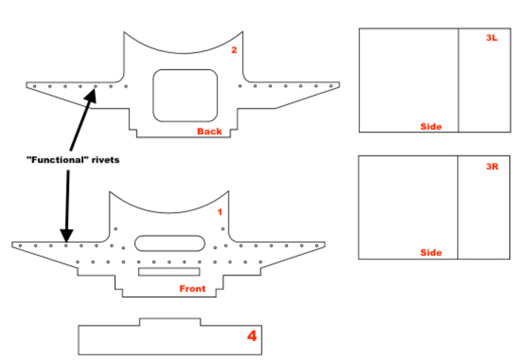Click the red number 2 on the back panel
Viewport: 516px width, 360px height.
234,50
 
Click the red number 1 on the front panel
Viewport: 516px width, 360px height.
220,212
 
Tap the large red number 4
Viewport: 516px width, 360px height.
252,336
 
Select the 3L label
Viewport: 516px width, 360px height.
491,38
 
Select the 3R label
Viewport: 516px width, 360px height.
492,166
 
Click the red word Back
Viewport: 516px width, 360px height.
209,132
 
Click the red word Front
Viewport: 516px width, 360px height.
192,288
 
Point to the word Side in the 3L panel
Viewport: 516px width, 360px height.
431,126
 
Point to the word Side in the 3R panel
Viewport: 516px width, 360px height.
431,253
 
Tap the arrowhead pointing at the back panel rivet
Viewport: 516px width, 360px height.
91,95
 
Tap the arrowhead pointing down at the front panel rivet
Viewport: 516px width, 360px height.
66,236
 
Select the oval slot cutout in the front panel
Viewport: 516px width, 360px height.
170,235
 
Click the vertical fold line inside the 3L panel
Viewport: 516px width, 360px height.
459,80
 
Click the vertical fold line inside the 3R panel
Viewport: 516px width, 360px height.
458,207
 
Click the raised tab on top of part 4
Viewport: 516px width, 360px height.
170,319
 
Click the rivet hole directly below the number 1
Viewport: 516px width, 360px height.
223,228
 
